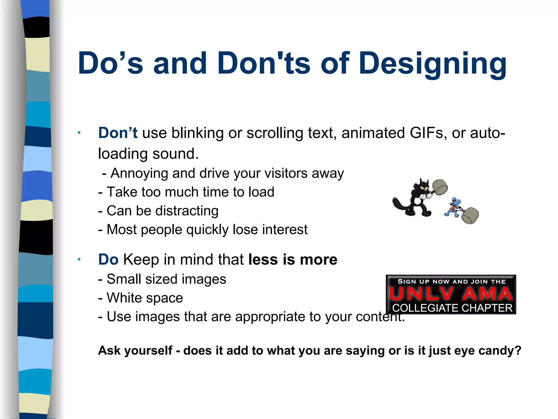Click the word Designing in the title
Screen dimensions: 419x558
[x=433, y=64]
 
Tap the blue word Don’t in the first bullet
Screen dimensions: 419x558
[x=118, y=133]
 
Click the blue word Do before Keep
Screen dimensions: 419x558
[x=108, y=259]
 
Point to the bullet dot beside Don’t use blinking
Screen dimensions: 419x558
[x=79, y=133]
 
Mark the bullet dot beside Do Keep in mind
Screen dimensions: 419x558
[x=79, y=259]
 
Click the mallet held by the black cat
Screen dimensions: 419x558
[x=439, y=187]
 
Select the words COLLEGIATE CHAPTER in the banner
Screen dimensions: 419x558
[x=452, y=308]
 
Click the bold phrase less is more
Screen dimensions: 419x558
[x=293, y=259]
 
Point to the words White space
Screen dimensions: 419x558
[x=145, y=298]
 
